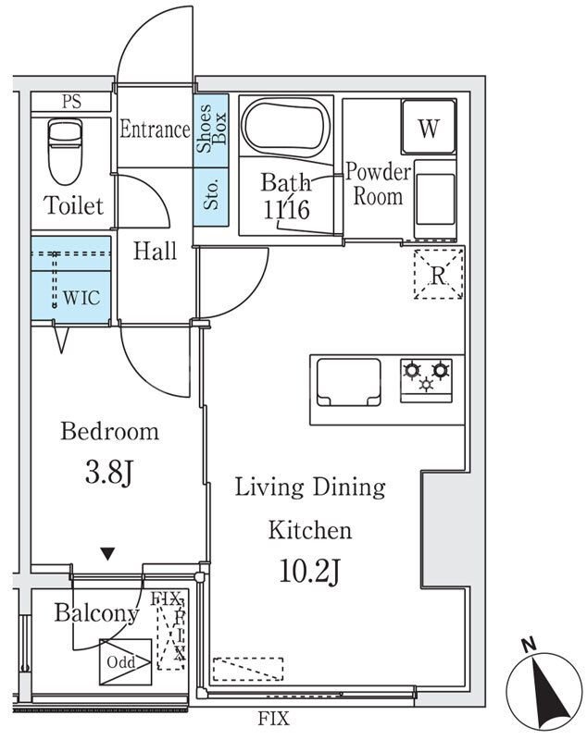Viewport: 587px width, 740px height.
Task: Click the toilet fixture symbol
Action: [x=66, y=151]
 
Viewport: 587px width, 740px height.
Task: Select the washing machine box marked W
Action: [x=429, y=127]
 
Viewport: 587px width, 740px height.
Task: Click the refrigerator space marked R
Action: [x=438, y=274]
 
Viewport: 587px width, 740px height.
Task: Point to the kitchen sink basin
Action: [x=349, y=382]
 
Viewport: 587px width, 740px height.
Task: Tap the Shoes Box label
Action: [x=211, y=129]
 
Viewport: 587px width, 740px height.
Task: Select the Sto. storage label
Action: [x=211, y=194]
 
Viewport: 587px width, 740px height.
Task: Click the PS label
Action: [x=71, y=102]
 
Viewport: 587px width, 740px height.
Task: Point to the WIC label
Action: [x=81, y=297]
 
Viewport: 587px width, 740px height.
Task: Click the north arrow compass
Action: [x=544, y=690]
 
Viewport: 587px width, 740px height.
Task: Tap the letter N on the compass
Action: [x=529, y=645]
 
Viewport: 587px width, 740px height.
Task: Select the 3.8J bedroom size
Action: [x=109, y=473]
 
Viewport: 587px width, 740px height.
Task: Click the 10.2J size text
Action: [x=310, y=571]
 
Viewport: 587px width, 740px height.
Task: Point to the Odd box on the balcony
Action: [x=126, y=662]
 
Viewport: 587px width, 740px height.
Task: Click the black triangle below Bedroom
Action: [x=108, y=553]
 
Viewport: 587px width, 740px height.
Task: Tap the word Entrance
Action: [x=155, y=129]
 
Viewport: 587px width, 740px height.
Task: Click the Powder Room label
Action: [x=379, y=184]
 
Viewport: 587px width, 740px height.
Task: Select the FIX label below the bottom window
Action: [x=273, y=719]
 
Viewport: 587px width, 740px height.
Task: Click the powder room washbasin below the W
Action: [x=435, y=198]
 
